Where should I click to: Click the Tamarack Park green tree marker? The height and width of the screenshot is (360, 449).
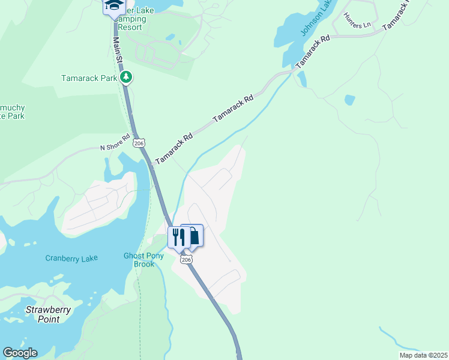coord(126,77)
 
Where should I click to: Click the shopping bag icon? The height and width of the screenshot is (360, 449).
coord(193,235)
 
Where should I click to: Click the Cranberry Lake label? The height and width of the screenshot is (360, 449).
coord(71,259)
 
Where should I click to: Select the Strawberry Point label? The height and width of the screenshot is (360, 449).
coord(48,314)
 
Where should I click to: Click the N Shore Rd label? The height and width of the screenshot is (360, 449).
coord(115,144)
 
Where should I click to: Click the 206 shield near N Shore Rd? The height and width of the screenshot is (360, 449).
coord(139,143)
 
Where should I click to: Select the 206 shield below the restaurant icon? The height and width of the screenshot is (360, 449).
coord(187,259)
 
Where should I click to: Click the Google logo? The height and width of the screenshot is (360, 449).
coord(20,353)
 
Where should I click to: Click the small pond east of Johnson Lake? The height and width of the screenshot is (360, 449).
coord(349,100)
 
